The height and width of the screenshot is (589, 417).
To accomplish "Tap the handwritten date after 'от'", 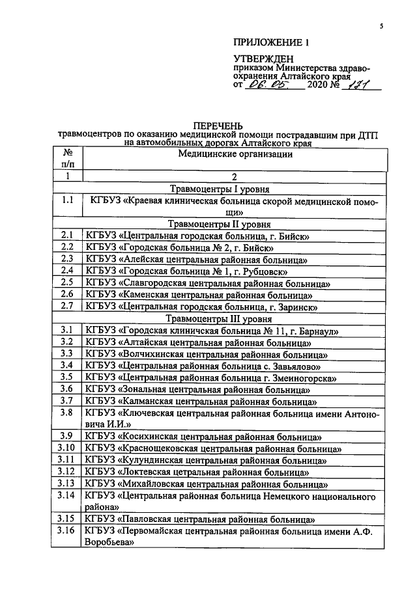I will [x=266, y=85].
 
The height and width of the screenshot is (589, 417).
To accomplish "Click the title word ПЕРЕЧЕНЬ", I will [x=218, y=125].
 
